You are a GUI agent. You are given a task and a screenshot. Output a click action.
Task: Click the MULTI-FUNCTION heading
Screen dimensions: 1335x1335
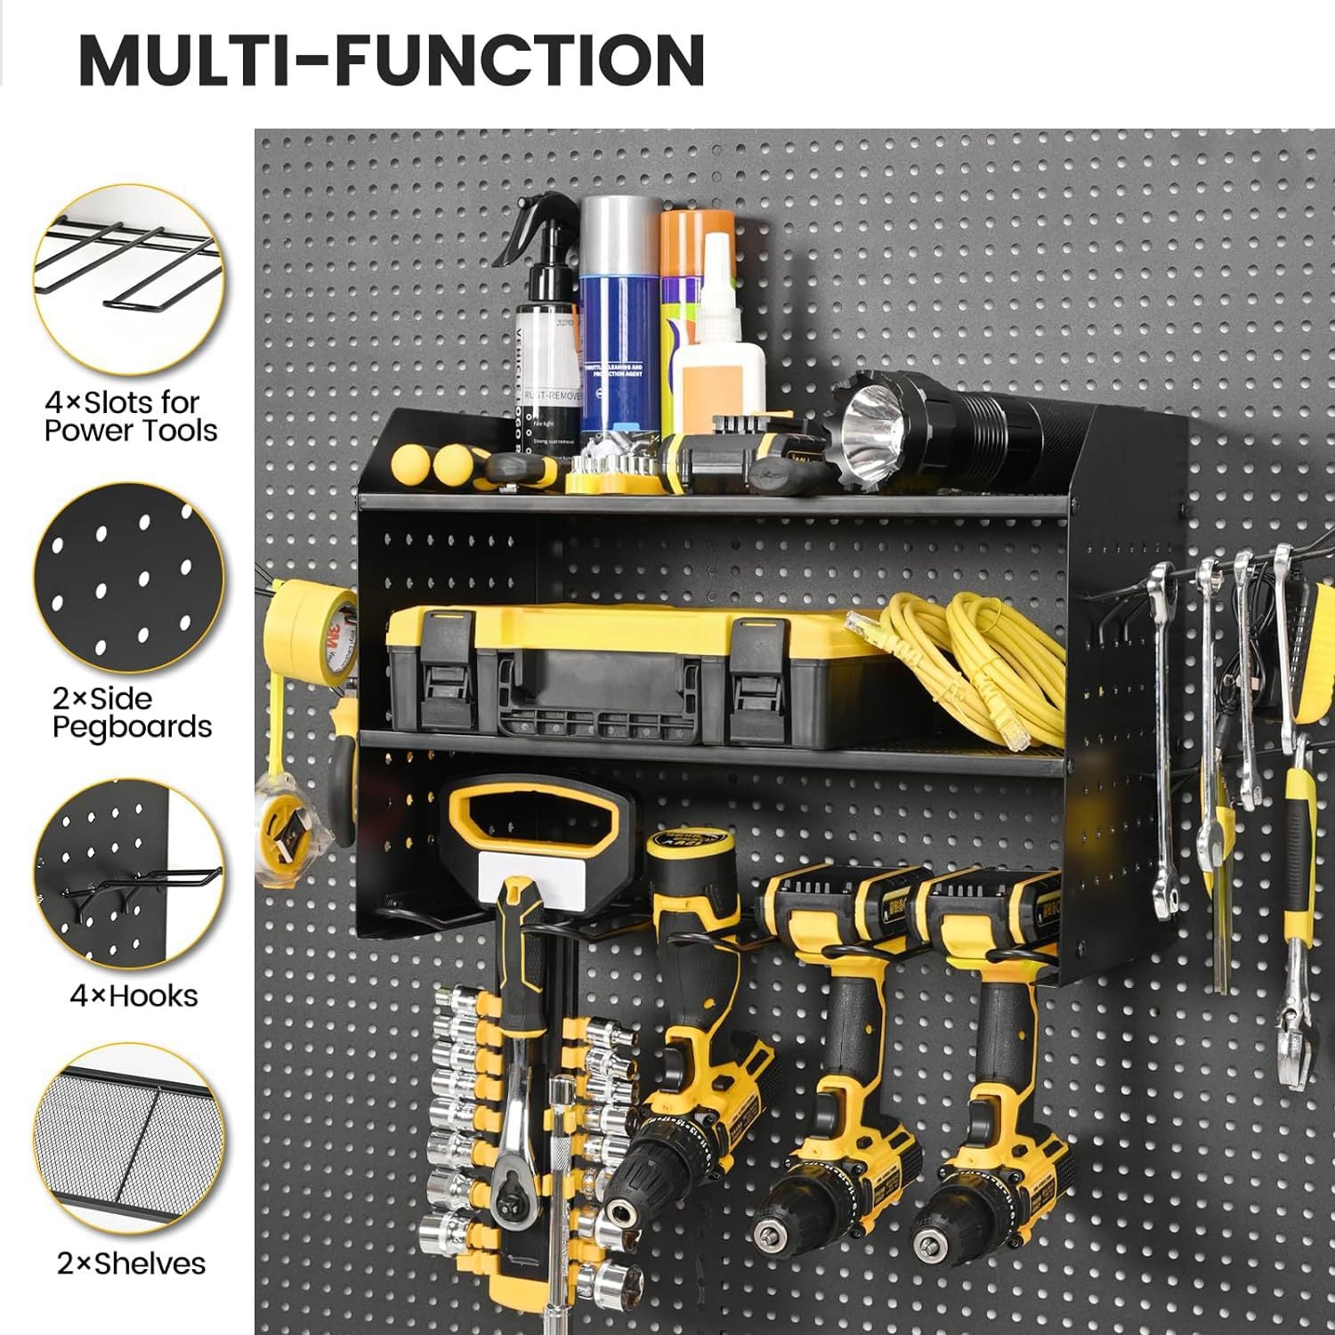[392, 60]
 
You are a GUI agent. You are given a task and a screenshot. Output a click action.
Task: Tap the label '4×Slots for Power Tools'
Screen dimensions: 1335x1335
[130, 417]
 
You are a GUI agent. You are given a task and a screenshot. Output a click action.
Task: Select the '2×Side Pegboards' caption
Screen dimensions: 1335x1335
[131, 712]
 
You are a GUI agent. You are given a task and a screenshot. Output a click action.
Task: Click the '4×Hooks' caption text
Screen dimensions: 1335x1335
[133, 995]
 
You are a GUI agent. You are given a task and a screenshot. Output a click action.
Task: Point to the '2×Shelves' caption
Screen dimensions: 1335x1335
[131, 1263]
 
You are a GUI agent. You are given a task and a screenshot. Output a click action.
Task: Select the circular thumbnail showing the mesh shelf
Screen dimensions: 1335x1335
[129, 1140]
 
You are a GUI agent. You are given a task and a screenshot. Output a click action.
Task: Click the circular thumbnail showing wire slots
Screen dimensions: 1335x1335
[129, 279]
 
